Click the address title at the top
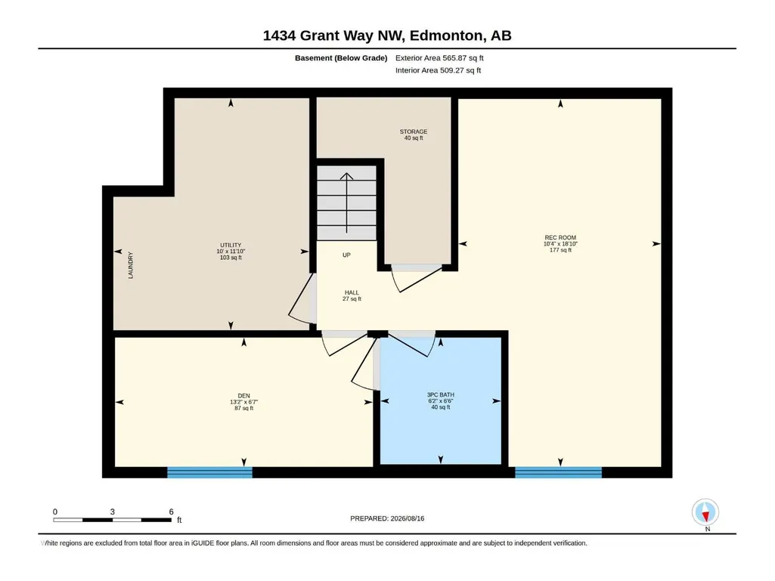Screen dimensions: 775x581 click(387, 36)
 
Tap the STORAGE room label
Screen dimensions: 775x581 click(414, 132)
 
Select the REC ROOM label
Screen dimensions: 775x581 click(560, 238)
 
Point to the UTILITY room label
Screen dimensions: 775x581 click(231, 245)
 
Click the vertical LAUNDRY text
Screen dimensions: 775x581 click(131, 265)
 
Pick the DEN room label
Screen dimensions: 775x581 click(243, 396)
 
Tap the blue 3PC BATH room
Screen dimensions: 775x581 click(440, 400)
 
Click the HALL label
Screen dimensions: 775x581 click(352, 292)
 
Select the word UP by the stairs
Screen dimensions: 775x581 click(346, 255)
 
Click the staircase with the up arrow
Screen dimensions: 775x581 click(346, 203)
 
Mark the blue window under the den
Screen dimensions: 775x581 click(209, 472)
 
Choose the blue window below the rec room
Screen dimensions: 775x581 click(559, 472)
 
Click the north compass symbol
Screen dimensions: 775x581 click(705, 512)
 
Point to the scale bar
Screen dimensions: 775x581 click(112, 520)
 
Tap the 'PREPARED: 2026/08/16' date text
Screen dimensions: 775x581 click(387, 518)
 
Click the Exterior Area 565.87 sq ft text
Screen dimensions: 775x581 click(439, 58)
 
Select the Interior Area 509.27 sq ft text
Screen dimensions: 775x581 click(438, 70)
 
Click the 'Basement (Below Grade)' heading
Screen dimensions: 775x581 click(341, 58)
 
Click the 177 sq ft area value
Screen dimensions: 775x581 click(560, 250)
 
